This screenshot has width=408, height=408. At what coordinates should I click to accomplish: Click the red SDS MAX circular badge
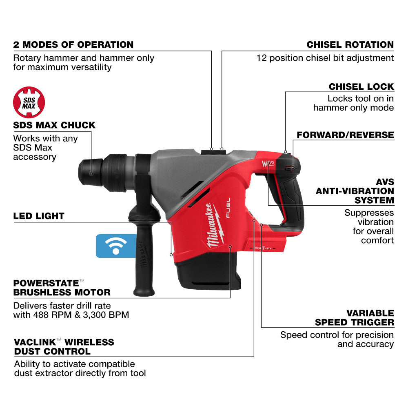tap(29, 102)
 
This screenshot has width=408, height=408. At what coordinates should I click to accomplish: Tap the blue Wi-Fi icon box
tap(116, 246)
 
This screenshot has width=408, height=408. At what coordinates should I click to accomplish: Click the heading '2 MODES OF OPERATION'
tap(73, 44)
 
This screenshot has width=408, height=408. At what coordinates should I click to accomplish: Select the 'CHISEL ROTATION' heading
tap(350, 44)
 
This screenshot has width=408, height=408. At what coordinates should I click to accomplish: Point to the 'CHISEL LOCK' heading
tap(361, 86)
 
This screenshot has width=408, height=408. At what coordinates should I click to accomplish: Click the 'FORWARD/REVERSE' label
tap(345, 135)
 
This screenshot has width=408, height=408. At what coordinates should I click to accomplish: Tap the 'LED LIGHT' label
tap(39, 216)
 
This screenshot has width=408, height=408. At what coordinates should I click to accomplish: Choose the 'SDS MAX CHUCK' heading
tap(54, 125)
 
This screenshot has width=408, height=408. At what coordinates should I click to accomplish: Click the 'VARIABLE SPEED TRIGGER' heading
tap(354, 317)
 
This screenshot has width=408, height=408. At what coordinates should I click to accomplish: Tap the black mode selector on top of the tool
tap(213, 151)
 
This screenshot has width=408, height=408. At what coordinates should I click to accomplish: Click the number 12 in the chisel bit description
tap(262, 58)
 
